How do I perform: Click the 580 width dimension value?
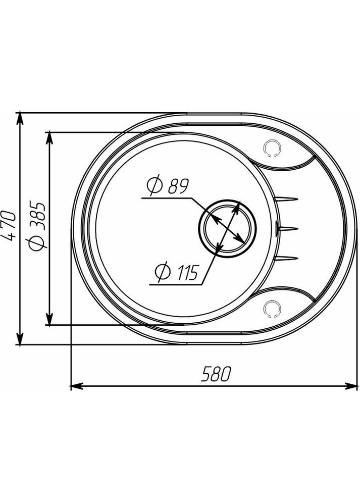tap(216, 374)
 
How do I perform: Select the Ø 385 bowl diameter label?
tap(38, 225)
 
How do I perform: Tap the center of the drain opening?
tap(227, 227)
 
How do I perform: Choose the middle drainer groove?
tap(286, 229)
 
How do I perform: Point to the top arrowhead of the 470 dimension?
tap(20, 118)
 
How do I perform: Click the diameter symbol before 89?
tap(154, 187)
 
